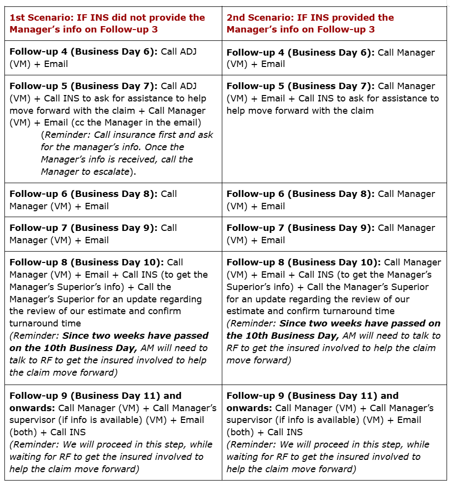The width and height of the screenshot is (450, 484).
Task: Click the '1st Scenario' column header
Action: click(107, 23)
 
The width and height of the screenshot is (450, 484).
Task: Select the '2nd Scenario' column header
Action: click(310, 23)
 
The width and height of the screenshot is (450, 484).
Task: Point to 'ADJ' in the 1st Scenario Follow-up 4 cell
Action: click(187, 52)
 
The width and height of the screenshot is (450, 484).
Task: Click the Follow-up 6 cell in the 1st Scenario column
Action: click(113, 200)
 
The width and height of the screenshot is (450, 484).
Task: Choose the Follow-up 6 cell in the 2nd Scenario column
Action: click(334, 200)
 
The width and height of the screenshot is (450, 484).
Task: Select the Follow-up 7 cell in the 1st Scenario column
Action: click(113, 234)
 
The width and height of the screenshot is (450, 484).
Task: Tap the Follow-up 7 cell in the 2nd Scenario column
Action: click(334, 234)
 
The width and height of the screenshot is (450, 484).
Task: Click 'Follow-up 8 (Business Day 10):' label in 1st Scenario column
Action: click(87, 262)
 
